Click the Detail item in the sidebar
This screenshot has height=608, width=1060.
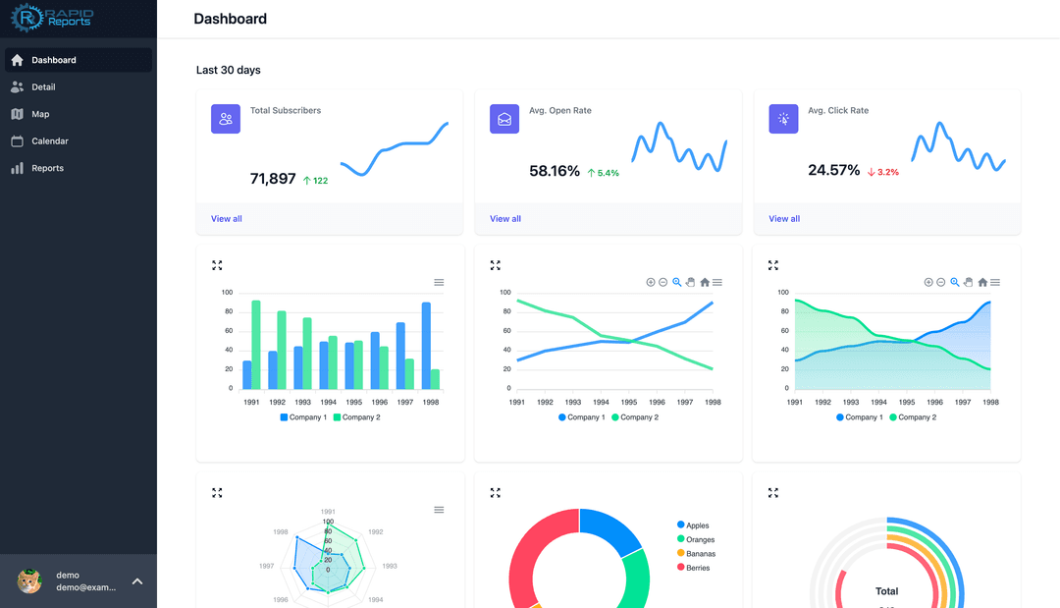43,87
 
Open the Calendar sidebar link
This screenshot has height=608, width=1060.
49,141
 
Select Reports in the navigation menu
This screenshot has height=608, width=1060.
47,168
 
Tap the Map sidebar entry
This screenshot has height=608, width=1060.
40,114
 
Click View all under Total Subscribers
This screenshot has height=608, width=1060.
226,219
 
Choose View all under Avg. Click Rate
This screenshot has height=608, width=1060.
784,219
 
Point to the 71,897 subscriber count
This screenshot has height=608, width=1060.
273,179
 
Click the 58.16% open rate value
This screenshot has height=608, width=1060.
555,171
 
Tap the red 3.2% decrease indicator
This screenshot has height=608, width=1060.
883,172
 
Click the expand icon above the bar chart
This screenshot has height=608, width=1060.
217,265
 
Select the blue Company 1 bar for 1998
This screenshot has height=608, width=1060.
426,346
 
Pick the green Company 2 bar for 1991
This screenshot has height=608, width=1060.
256,345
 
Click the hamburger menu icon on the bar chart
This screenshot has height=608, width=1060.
439,283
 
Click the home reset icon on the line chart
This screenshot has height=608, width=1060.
705,283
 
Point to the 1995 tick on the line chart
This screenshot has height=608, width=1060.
629,402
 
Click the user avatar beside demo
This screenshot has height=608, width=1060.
29,581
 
